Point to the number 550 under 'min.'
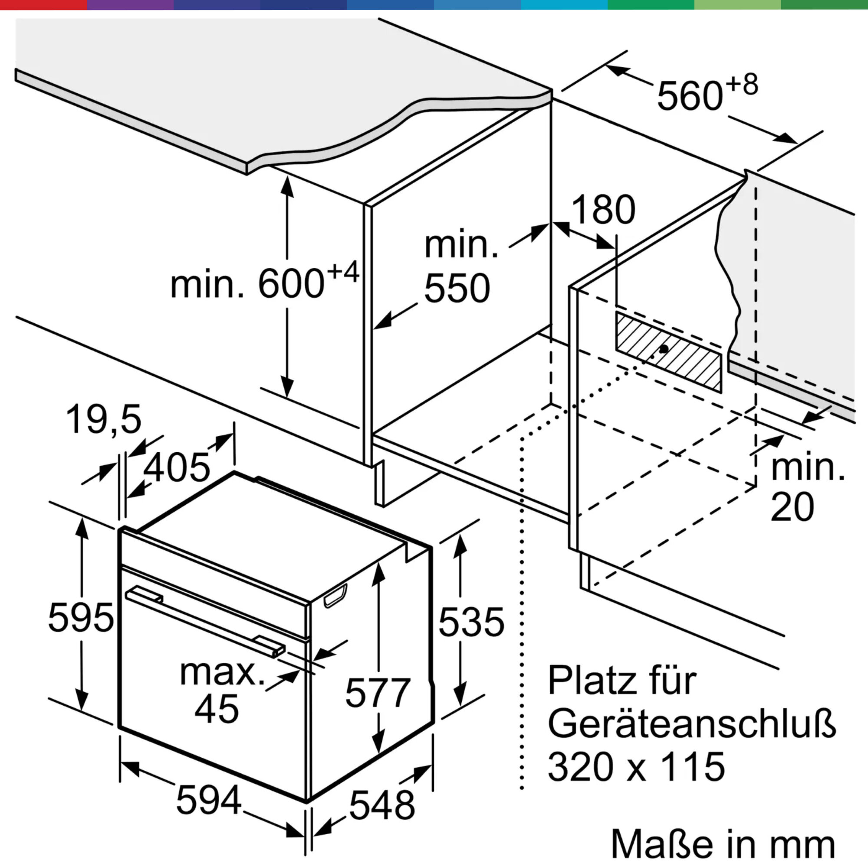(457, 288)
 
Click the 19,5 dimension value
(104, 419)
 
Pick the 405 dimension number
(177, 467)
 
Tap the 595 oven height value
(81, 618)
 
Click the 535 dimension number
(471, 622)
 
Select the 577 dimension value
(378, 692)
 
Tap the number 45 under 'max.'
(217, 709)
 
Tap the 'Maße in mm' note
(723, 845)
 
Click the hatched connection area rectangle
(668, 352)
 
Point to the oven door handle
(205, 622)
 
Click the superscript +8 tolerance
(741, 85)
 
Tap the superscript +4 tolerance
(343, 271)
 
